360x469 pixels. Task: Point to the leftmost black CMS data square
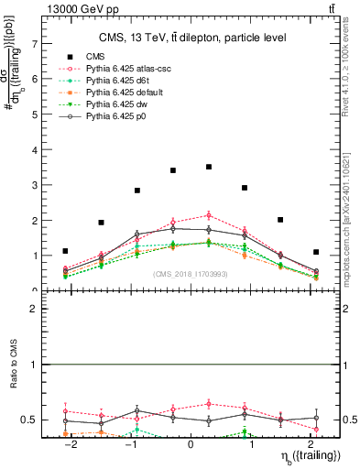(65, 251)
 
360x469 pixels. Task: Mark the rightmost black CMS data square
(315, 252)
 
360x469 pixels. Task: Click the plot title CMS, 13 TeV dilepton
(192, 38)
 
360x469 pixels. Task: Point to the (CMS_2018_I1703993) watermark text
(191, 274)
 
